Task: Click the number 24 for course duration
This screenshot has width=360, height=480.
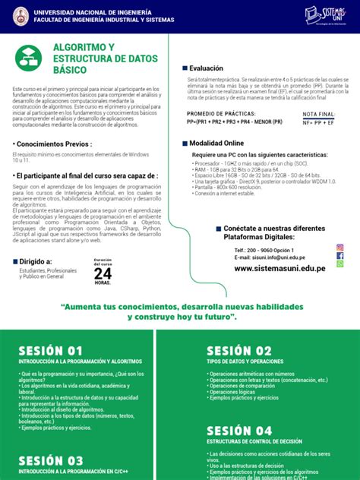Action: point(103,273)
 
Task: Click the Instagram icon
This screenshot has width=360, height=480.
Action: point(339,248)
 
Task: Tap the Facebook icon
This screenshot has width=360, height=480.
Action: point(339,257)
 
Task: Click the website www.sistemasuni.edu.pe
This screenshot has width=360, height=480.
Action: point(279,268)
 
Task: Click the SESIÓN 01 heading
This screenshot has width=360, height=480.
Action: point(50,350)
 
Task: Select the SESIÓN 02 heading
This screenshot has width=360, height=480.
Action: point(238,350)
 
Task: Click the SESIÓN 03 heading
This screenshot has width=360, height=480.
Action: point(51,460)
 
